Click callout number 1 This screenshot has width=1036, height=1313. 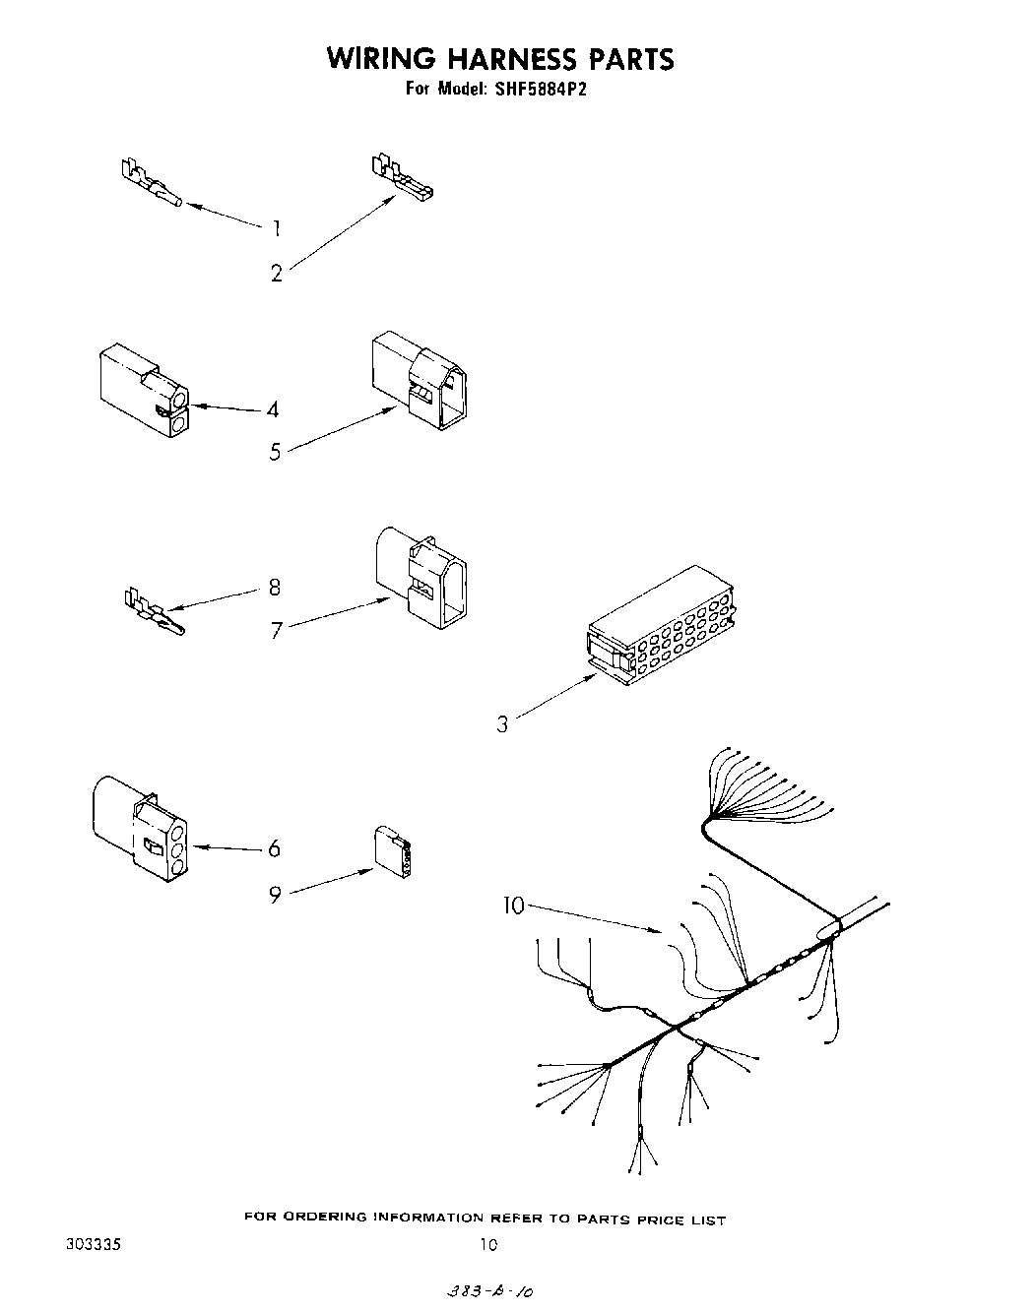(x=277, y=228)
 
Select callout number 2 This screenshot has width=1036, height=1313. (x=277, y=274)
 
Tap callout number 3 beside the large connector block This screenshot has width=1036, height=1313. (x=502, y=725)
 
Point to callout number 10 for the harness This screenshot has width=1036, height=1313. (x=515, y=906)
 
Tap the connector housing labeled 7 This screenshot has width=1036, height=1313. (x=421, y=576)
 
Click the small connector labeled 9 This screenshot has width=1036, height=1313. (x=393, y=850)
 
